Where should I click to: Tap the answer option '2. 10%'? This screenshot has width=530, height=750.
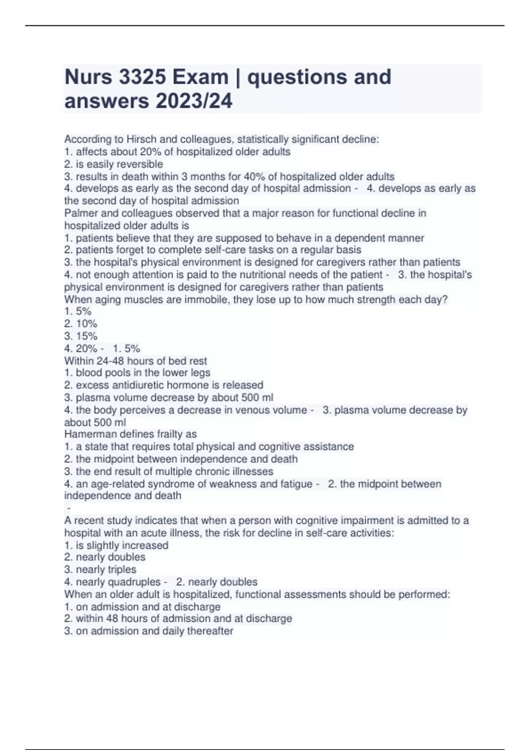click(x=81, y=324)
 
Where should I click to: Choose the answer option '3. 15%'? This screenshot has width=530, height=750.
click(x=81, y=336)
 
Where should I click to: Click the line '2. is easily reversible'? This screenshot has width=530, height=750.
click(x=114, y=164)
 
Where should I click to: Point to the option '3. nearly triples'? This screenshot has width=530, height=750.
click(x=100, y=570)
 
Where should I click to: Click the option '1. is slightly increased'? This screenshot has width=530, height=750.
click(x=116, y=545)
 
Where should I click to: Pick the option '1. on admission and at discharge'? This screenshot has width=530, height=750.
click(x=142, y=607)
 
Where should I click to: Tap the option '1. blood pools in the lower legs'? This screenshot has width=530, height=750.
click(x=137, y=373)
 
